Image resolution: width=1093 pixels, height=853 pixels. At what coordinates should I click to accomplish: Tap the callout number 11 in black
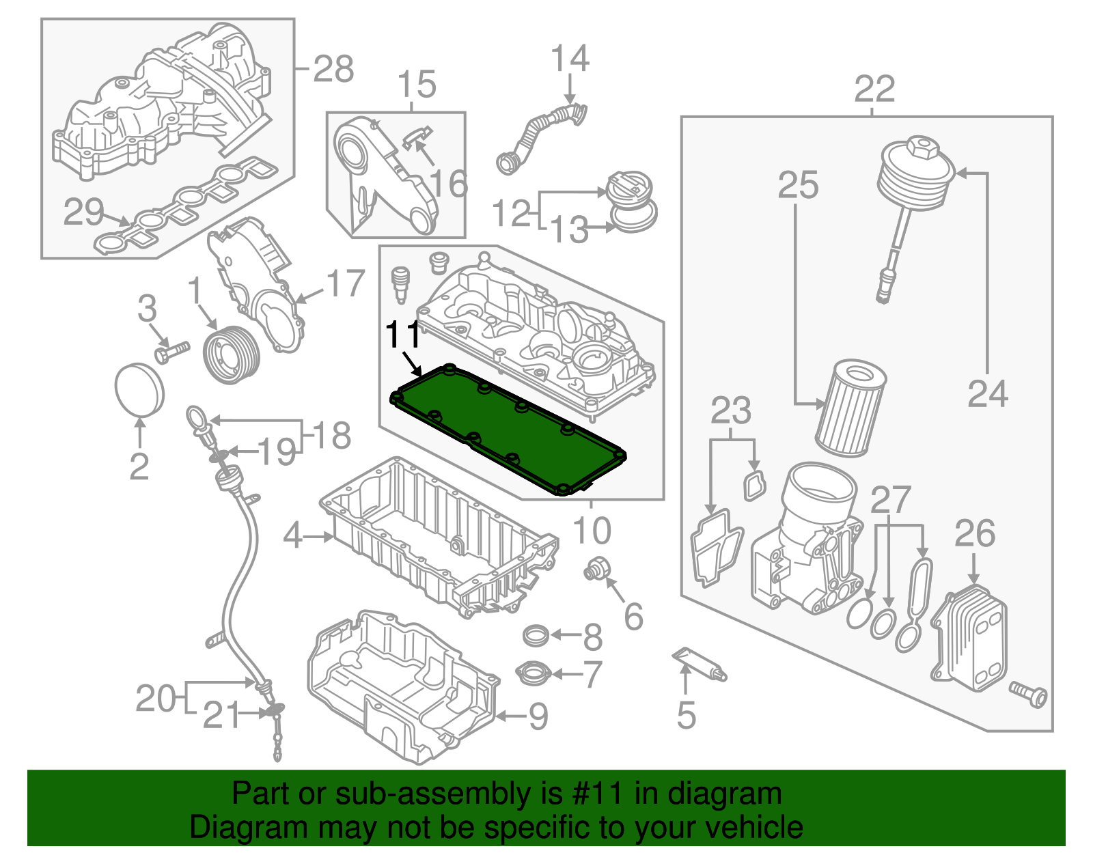coord(403,335)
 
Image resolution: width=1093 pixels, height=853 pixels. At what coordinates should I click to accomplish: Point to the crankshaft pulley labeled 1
coord(232,355)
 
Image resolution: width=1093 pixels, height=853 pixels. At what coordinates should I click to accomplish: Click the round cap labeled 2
coord(139,389)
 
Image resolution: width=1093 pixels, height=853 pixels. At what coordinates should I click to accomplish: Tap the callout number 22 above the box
coord(874,89)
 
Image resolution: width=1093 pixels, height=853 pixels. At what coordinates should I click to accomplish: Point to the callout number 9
coord(538,716)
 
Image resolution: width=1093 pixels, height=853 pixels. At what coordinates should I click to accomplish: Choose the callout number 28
coord(333,69)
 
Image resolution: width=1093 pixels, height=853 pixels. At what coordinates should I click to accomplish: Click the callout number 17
coord(346,283)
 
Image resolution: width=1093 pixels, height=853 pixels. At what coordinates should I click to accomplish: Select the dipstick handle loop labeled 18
coord(195,416)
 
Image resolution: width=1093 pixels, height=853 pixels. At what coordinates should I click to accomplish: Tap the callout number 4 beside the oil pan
coord(292,535)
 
